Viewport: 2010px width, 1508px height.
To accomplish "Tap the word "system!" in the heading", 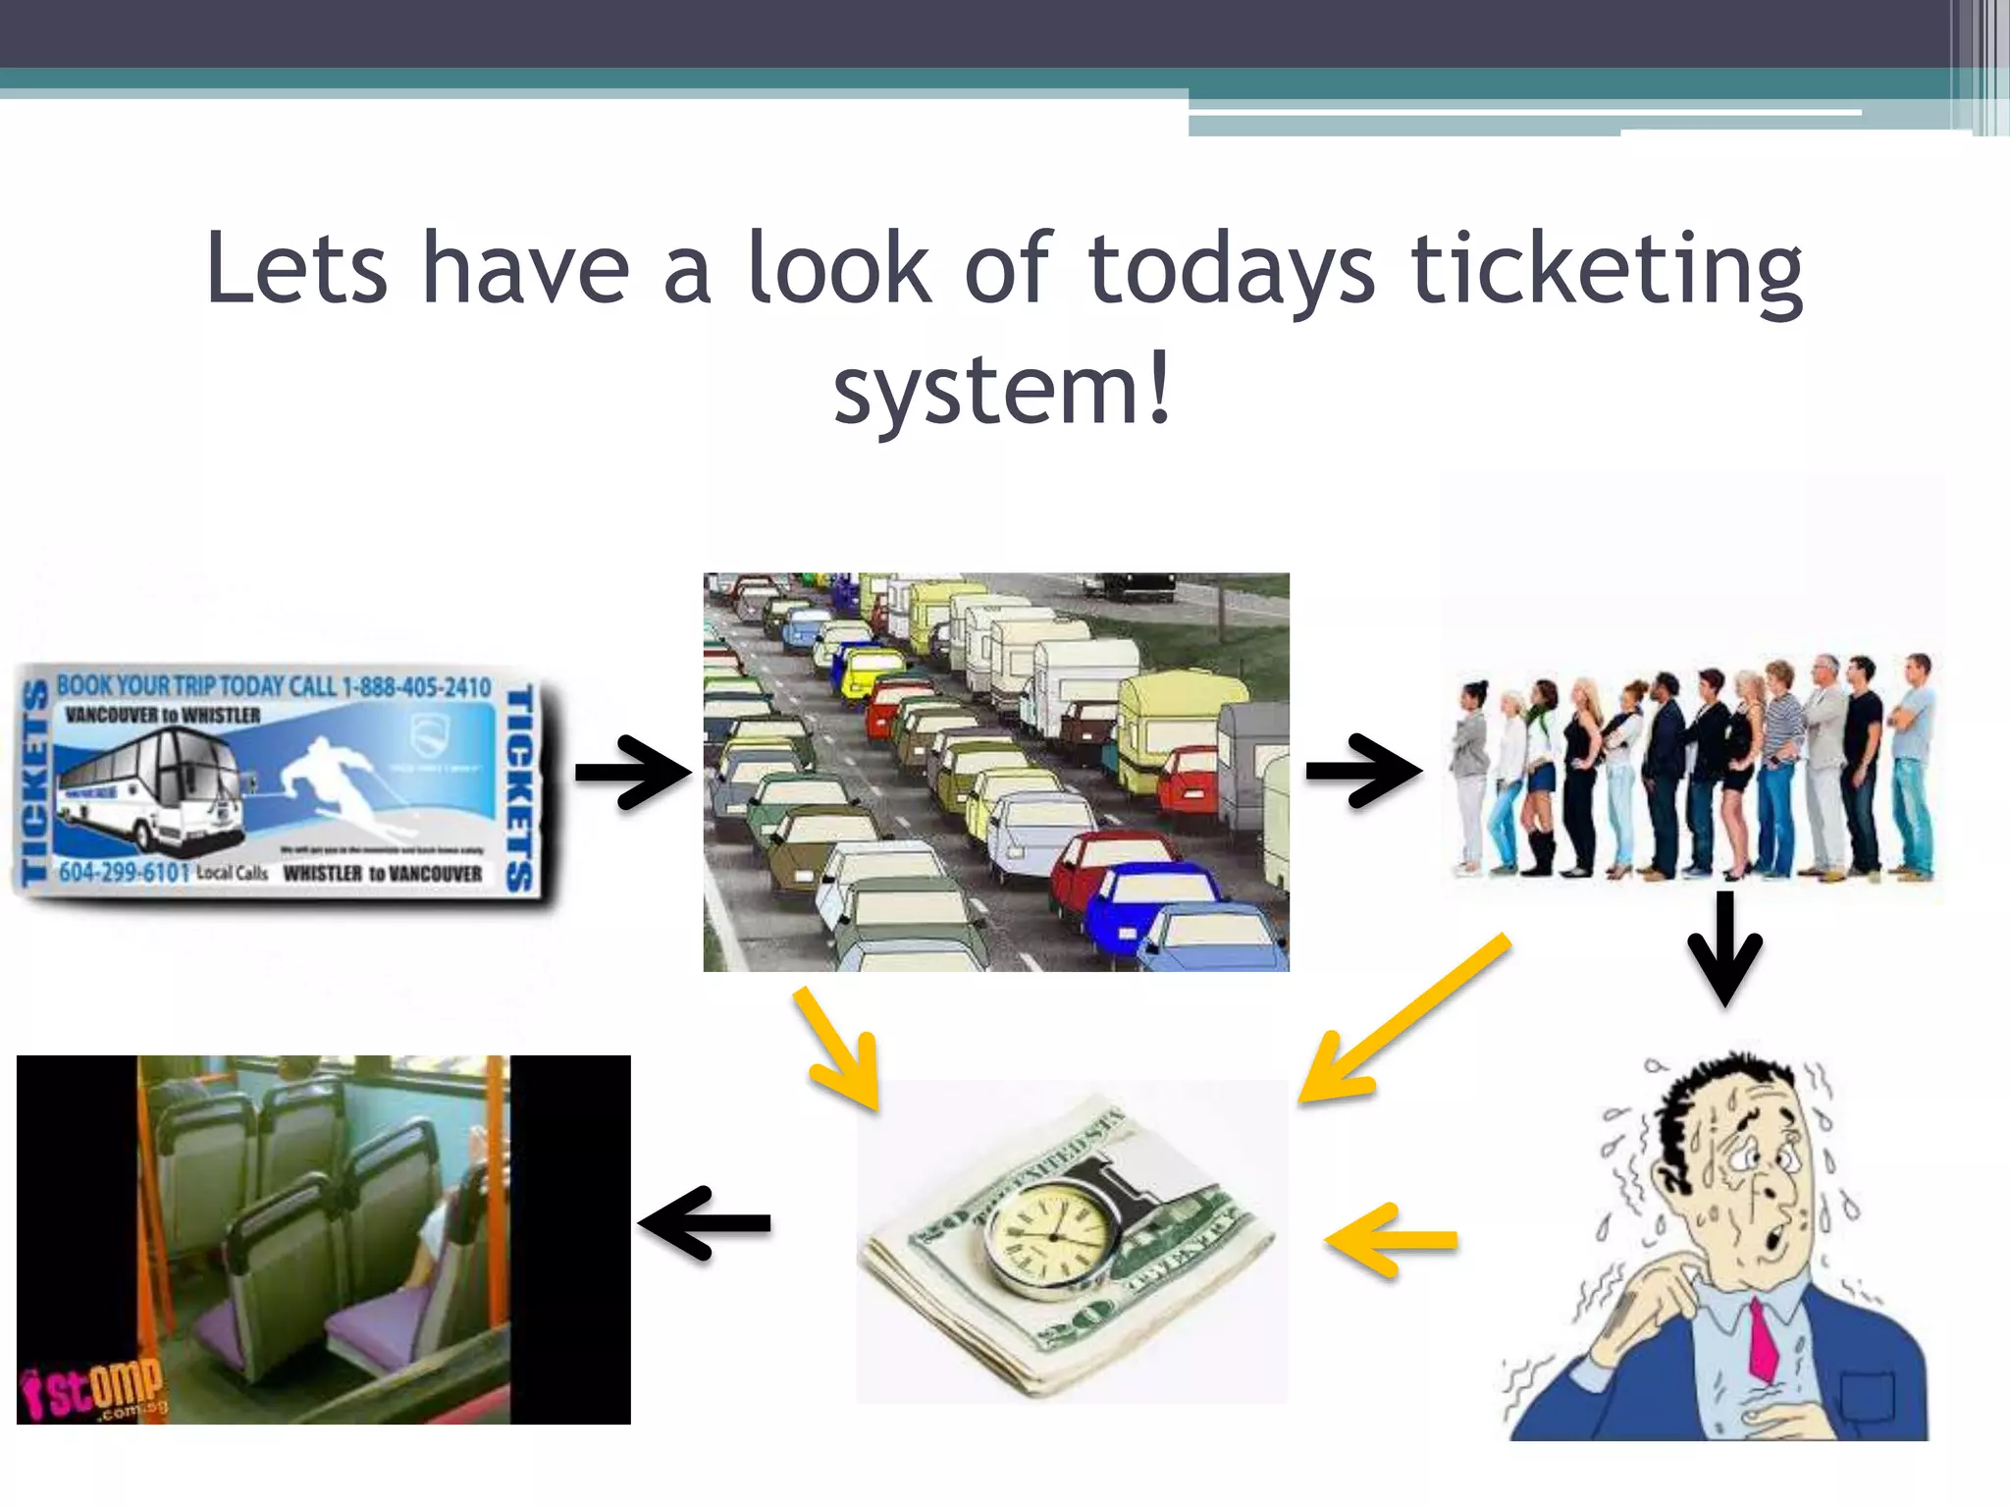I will click(1002, 391).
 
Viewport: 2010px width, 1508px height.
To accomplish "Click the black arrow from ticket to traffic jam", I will click(632, 773).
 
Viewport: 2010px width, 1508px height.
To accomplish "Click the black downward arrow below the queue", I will click(1724, 948).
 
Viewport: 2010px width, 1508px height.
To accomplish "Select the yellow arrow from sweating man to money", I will click(1392, 1241).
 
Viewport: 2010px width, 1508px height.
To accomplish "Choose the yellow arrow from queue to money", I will click(1403, 1021).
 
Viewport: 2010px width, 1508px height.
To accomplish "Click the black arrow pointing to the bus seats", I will click(705, 1222).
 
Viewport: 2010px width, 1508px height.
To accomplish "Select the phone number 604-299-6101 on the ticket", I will click(123, 872).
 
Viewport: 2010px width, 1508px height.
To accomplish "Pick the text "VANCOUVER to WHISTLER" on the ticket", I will click(163, 715).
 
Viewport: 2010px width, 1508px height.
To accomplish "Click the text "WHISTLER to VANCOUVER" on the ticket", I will click(383, 873).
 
